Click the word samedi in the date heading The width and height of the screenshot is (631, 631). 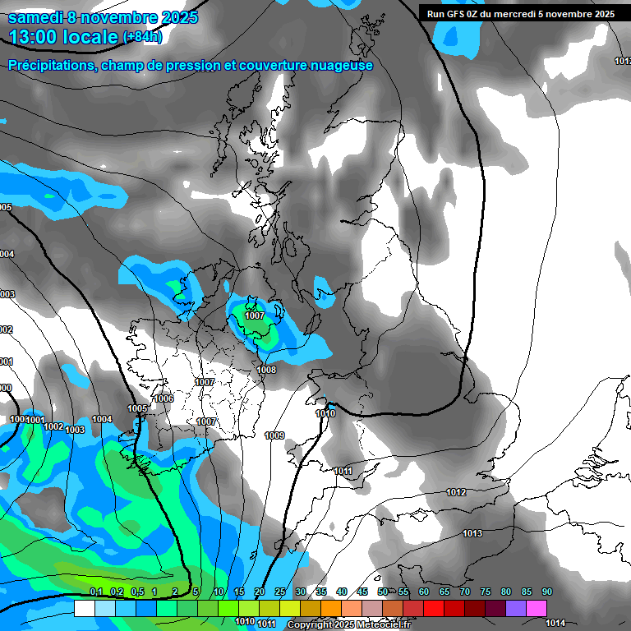[x=37, y=17]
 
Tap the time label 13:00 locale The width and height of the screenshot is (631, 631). [x=63, y=36]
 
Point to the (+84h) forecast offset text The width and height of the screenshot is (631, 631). [x=142, y=37]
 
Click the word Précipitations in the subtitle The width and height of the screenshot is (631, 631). [x=49, y=65]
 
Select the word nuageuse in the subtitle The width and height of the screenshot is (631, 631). [x=337, y=65]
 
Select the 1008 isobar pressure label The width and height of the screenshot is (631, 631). [x=266, y=370]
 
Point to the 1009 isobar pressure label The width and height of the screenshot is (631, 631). [x=274, y=435]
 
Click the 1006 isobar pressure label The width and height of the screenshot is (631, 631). [x=164, y=398]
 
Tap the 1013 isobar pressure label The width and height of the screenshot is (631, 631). [x=472, y=534]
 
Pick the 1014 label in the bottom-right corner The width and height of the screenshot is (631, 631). [x=556, y=623]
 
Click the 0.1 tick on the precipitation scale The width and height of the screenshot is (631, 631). [x=95, y=592]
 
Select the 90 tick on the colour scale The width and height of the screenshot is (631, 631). [x=546, y=592]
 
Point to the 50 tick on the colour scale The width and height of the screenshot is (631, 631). [x=383, y=592]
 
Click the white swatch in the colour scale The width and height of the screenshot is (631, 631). [x=85, y=608]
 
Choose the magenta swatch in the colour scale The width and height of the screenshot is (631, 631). [x=537, y=608]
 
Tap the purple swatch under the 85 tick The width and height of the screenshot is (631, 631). [x=516, y=608]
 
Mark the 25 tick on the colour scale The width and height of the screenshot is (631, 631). [x=280, y=592]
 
